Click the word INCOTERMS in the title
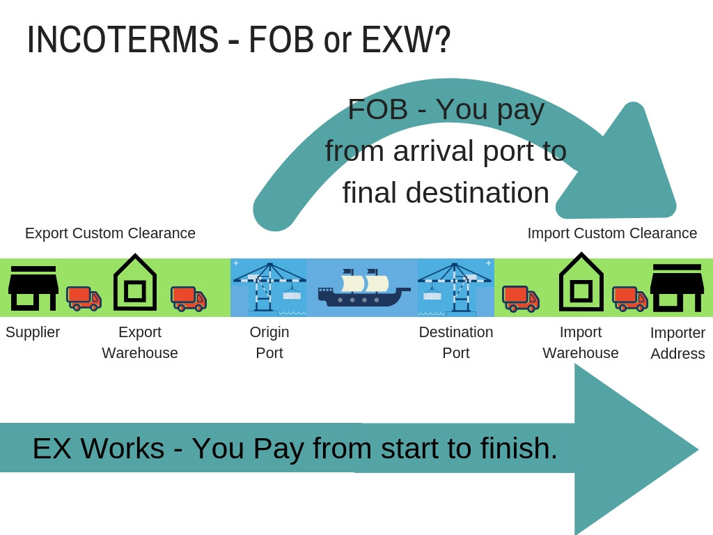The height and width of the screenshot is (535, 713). pos(123,40)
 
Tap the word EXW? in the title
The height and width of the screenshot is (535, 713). pos(406,40)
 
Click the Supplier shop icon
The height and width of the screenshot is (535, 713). pos(33,288)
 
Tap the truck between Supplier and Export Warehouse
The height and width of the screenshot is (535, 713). pos(84,297)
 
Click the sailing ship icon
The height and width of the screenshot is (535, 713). pos(363,287)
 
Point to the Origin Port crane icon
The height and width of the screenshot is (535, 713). pos(269,287)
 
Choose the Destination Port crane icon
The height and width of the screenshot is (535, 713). pos(455,287)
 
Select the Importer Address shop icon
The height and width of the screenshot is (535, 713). pos(677,288)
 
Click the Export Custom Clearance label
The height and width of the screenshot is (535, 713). pos(110,233)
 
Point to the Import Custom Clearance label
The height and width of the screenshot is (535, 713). pos(612,233)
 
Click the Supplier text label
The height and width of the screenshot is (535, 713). pos(33,332)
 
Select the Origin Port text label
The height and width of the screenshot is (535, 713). pos(269,342)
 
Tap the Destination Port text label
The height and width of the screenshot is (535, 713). pos(456,342)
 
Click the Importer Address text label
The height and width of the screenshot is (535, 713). pos(677,343)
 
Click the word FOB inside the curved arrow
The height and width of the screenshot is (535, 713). pos(377,109)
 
